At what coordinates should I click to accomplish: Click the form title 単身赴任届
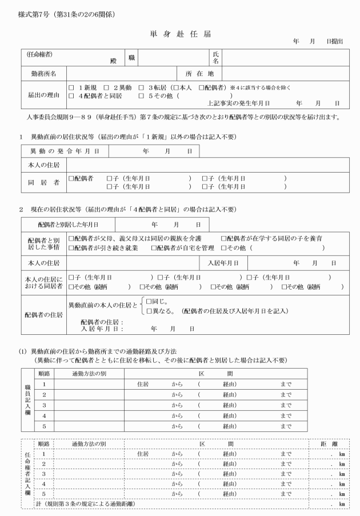(179, 35)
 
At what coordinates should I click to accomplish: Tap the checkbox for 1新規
(71, 88)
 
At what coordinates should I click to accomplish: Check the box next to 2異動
(106, 88)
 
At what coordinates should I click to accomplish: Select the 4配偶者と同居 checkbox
(71, 96)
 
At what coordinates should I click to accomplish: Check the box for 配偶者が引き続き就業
(71, 248)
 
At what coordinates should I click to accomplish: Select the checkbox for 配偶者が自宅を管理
(154, 248)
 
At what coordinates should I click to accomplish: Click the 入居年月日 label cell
(227, 263)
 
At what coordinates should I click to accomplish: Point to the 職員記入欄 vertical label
(28, 403)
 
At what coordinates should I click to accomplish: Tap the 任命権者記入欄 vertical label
(28, 473)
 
